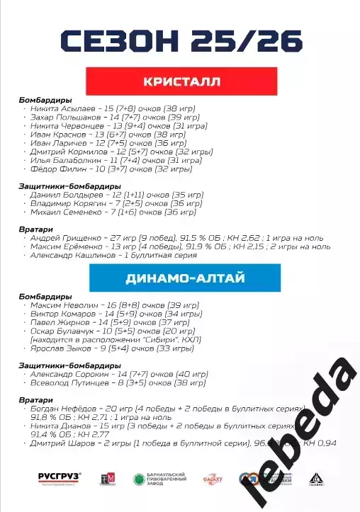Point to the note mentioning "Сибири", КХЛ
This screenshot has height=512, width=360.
106,340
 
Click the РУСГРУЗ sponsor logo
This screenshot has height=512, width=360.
60,477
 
